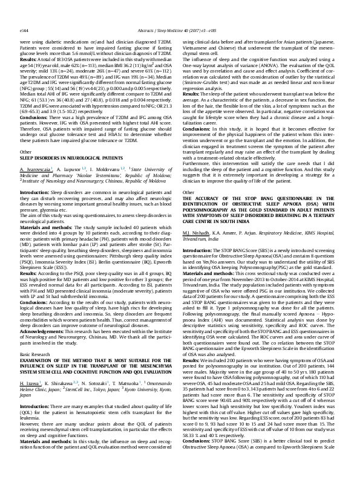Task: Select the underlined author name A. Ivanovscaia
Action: point(34,151)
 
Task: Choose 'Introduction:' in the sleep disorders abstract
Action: point(35,174)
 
